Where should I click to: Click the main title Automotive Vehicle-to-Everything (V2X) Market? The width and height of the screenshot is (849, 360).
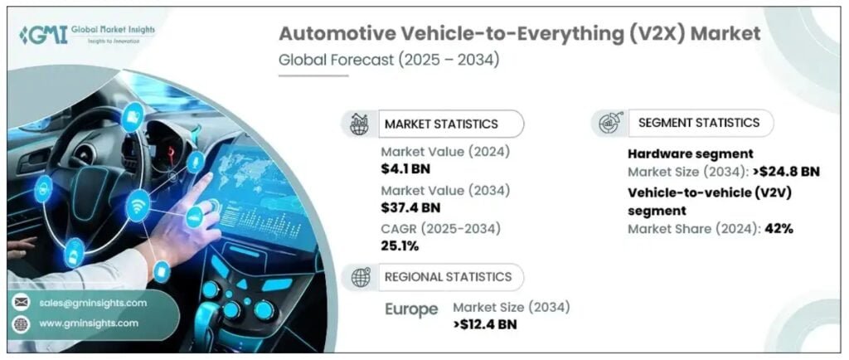point(518,34)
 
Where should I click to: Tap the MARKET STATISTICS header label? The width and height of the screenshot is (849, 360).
point(440,124)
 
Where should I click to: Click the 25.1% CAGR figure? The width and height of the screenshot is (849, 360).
point(400,246)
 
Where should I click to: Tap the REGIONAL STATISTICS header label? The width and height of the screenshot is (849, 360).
point(446,276)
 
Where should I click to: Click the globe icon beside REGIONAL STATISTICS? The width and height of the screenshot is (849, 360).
point(361,277)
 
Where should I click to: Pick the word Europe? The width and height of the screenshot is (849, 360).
point(411,309)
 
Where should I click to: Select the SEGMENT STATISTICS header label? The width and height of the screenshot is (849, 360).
point(698,122)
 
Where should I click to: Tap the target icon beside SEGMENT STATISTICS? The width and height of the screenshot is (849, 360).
point(608,123)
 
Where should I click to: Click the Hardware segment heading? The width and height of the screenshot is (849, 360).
point(690,153)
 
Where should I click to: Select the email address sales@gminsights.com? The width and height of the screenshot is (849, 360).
point(92,303)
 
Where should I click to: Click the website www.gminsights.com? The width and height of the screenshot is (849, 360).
point(88,323)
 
